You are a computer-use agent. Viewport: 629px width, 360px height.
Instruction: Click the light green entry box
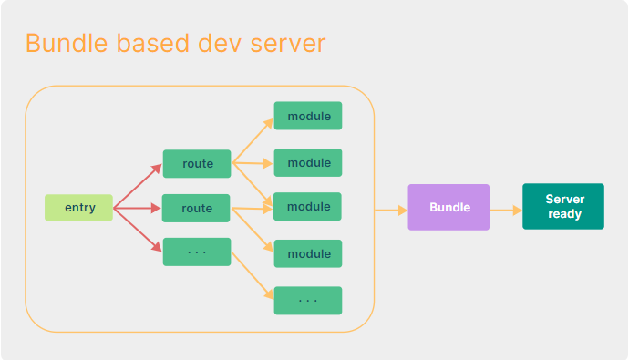click(78, 208)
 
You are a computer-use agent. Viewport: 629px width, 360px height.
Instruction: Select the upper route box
click(197, 164)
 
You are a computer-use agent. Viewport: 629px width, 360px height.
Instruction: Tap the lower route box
click(197, 208)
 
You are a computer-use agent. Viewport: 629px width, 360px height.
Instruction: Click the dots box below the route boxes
click(197, 252)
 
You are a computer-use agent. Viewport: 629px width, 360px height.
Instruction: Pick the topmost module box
click(308, 116)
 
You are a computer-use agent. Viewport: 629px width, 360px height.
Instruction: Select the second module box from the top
click(308, 162)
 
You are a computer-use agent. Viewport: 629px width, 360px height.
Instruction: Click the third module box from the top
click(308, 207)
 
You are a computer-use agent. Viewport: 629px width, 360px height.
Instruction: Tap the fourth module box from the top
click(308, 253)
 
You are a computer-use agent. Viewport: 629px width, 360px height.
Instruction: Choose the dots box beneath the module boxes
click(308, 301)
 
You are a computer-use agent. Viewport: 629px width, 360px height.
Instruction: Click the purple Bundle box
click(449, 207)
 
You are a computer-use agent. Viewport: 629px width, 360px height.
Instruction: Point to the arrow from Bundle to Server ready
click(506, 210)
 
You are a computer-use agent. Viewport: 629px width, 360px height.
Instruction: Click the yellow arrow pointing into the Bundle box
click(390, 210)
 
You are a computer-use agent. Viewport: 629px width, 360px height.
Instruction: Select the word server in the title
click(287, 43)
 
